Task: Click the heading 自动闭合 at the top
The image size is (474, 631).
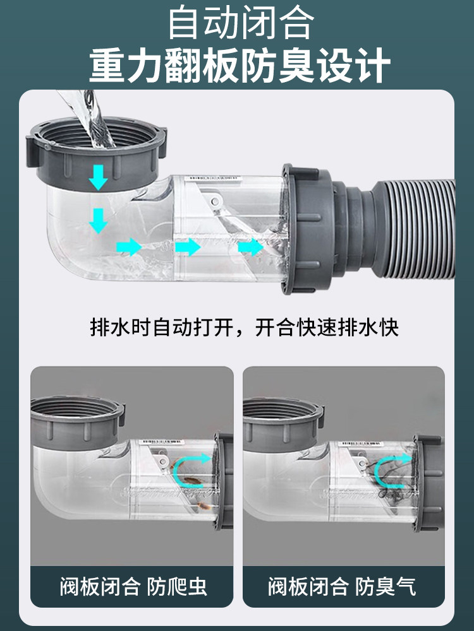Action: click(241, 23)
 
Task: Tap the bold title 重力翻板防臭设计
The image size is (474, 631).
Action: click(240, 65)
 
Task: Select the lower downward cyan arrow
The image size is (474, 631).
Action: click(98, 220)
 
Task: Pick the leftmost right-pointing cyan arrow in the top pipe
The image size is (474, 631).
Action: click(129, 247)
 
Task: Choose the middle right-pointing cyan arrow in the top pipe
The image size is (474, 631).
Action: click(188, 247)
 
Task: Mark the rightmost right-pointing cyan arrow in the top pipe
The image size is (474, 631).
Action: click(251, 247)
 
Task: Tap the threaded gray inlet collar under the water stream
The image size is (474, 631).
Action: click(96, 153)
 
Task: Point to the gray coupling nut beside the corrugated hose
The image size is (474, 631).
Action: click(308, 228)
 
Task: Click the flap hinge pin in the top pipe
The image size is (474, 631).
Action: click(215, 201)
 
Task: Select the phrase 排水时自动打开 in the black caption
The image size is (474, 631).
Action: click(162, 327)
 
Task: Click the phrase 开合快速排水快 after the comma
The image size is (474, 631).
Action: click(327, 327)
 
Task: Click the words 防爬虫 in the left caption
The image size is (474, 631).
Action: click(176, 586)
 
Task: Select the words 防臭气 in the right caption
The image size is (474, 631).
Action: click(385, 586)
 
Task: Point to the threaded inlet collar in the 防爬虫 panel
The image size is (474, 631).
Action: click(77, 423)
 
